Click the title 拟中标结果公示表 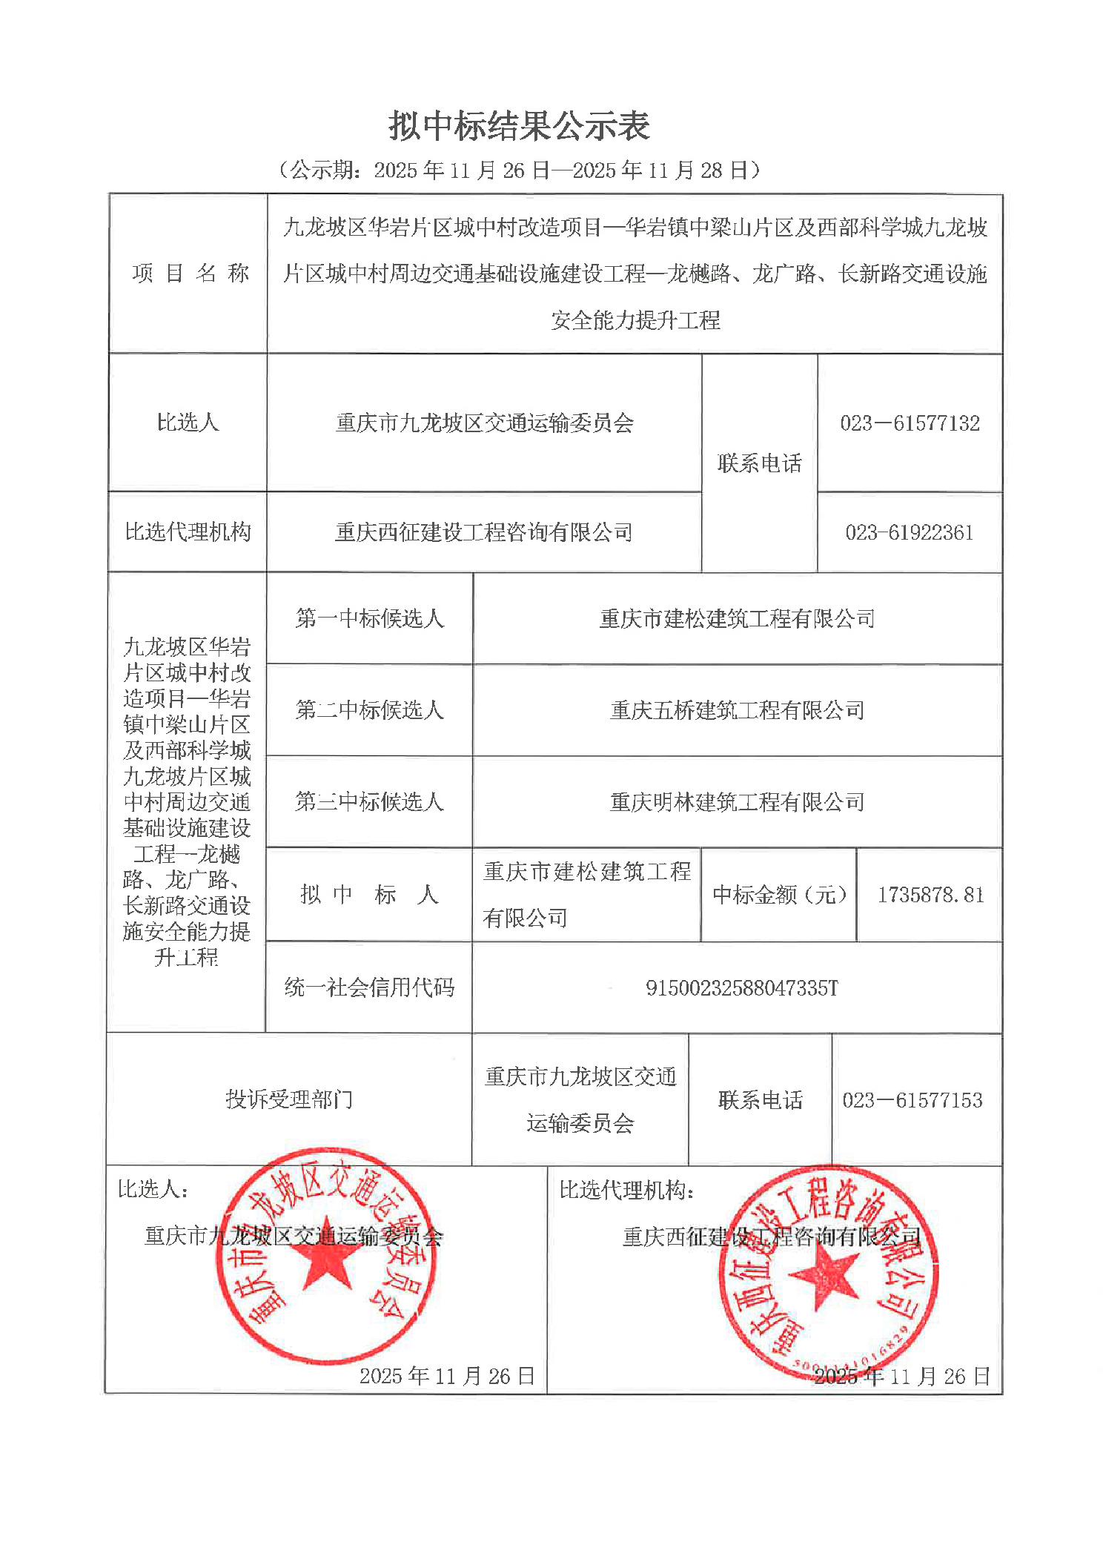click(520, 126)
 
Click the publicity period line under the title click(520, 171)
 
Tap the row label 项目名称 click(190, 274)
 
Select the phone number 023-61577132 click(910, 423)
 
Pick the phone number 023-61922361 click(910, 532)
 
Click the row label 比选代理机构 click(188, 532)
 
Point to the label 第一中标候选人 click(369, 618)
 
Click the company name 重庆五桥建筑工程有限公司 click(737, 710)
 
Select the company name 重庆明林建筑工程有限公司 click(737, 801)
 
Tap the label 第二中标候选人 click(369, 710)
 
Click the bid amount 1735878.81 click(930, 895)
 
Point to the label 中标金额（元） click(779, 895)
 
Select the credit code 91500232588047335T click(741, 987)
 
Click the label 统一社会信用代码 click(369, 987)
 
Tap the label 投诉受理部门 click(289, 1099)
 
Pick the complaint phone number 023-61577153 click(912, 1100)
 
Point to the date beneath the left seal click(447, 1376)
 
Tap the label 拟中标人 click(369, 895)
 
